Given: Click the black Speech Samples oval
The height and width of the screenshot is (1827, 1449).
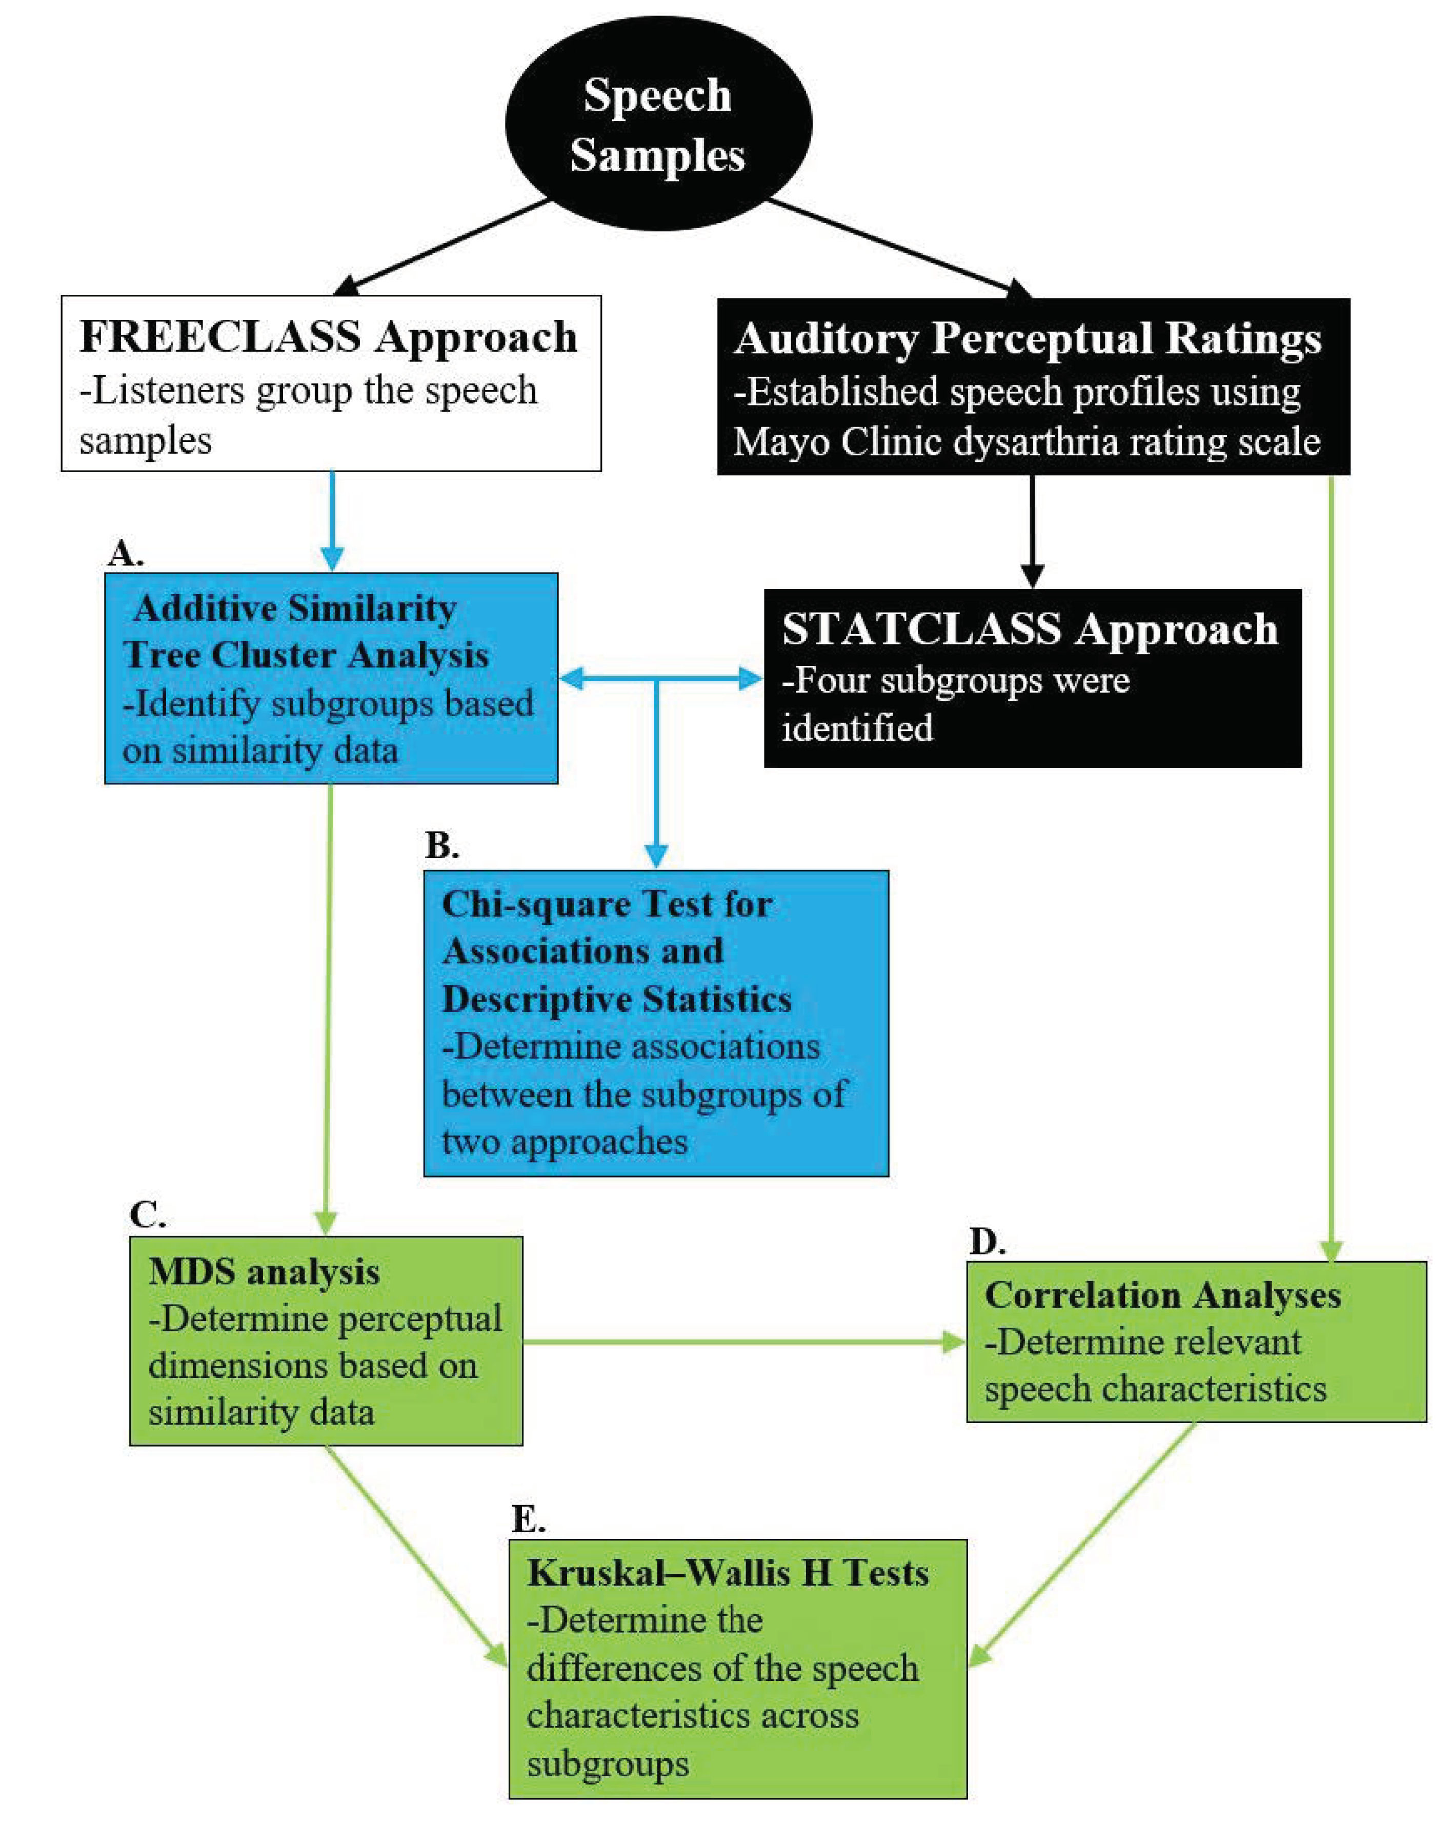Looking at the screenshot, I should click(x=657, y=124).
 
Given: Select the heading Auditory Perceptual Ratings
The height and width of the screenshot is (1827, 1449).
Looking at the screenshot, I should click(x=1027, y=338).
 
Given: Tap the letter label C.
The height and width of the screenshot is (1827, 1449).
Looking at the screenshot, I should click(x=148, y=1215).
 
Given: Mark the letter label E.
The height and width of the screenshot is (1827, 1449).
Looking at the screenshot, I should click(x=528, y=1519).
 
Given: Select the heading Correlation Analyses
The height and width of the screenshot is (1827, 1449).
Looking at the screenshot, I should click(x=1162, y=1295).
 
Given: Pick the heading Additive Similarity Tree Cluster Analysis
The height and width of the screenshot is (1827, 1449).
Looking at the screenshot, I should click(x=305, y=632).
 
